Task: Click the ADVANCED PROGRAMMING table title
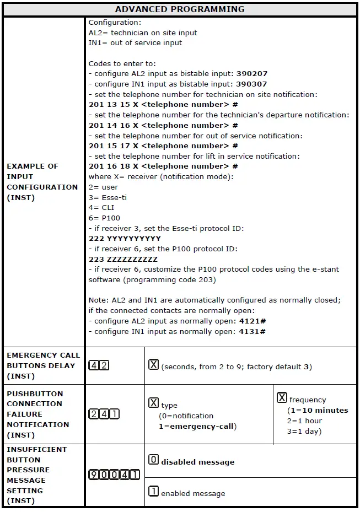[x=180, y=9]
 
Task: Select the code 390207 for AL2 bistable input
[x=251, y=74]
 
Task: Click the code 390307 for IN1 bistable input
[x=251, y=84]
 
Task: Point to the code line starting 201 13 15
[x=163, y=105]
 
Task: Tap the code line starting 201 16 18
[x=163, y=166]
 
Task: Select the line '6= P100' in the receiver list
[x=104, y=218]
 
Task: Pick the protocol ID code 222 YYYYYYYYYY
[x=125, y=239]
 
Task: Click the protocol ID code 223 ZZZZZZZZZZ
[x=123, y=260]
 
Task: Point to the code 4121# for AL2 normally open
[x=252, y=321]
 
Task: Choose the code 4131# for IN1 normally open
[x=252, y=332]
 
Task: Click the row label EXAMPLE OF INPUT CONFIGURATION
[x=42, y=182]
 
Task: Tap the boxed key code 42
[x=99, y=365]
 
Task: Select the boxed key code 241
[x=104, y=414]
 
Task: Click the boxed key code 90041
[x=114, y=475]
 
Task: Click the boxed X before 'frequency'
[x=282, y=398]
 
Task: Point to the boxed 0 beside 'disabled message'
[x=154, y=460]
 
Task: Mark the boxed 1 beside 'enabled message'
[x=154, y=491]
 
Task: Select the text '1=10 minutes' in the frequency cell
[x=318, y=411]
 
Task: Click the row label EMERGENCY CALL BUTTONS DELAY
[x=43, y=365]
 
